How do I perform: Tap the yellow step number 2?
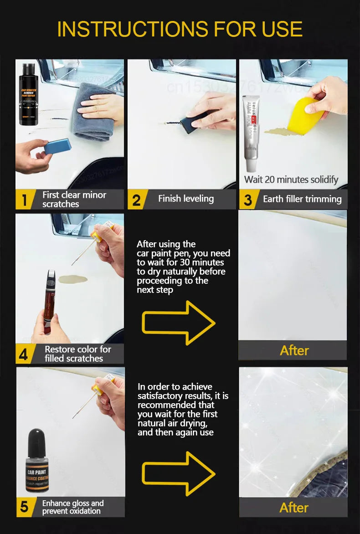[x=136, y=200]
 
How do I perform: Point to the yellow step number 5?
[x=24, y=507]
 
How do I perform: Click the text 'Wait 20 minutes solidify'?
[x=291, y=180]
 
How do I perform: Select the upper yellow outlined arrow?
[x=178, y=323]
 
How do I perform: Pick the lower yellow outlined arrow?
[x=178, y=474]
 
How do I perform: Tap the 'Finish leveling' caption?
[x=186, y=199]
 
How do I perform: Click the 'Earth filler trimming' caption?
[x=302, y=199]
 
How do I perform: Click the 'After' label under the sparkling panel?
[x=294, y=508]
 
